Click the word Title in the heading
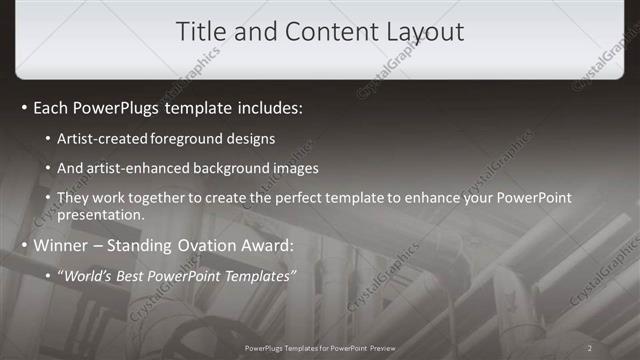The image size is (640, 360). (x=200, y=32)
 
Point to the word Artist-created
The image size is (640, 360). (x=106, y=139)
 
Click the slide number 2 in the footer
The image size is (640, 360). (x=590, y=348)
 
